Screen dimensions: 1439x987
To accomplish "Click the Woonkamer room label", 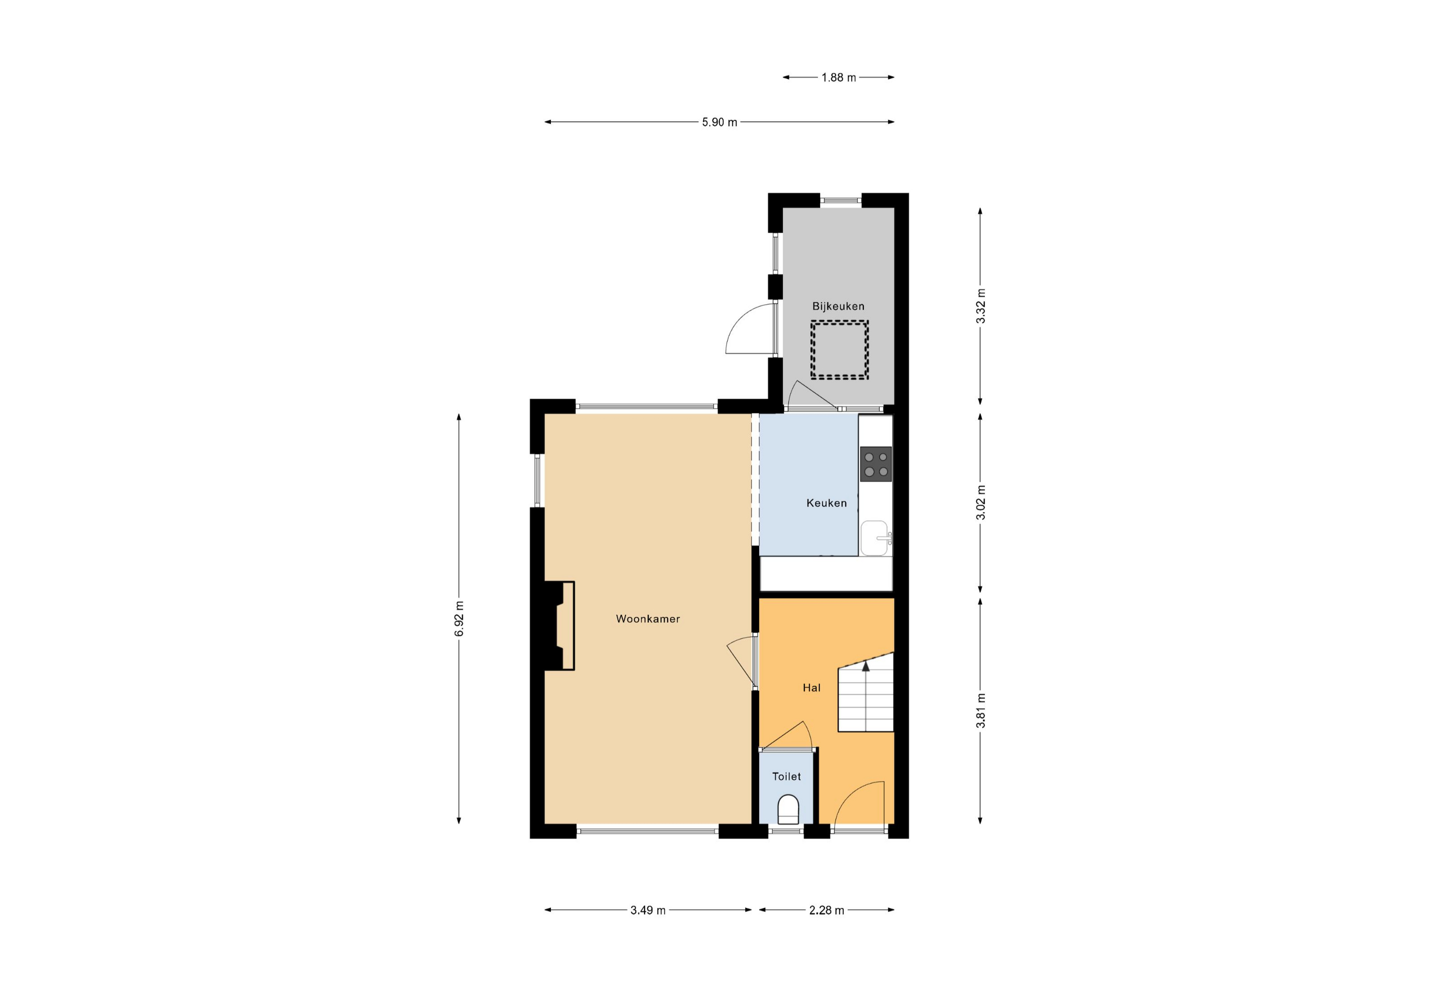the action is tap(648, 618).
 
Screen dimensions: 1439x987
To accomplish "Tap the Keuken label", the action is tap(826, 503).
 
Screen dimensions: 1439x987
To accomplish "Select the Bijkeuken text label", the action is tap(838, 306).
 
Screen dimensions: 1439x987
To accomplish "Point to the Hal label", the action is tap(811, 687).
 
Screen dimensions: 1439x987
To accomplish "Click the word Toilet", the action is tap(786, 776).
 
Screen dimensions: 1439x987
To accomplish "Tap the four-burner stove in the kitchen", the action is tap(876, 464).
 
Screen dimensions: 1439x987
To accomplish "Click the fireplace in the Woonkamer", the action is tap(560, 626).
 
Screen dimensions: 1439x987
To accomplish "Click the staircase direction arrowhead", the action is tap(865, 666).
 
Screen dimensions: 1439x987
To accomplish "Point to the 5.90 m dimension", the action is tap(719, 122).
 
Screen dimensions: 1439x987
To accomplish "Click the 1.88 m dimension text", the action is tap(838, 78).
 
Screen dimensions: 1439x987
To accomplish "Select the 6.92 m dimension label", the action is tap(459, 618).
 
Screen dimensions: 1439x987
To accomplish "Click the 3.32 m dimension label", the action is tap(980, 306).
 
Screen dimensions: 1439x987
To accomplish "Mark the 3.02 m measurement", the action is tap(980, 503).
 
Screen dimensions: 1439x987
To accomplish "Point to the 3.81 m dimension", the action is tap(980, 710).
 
